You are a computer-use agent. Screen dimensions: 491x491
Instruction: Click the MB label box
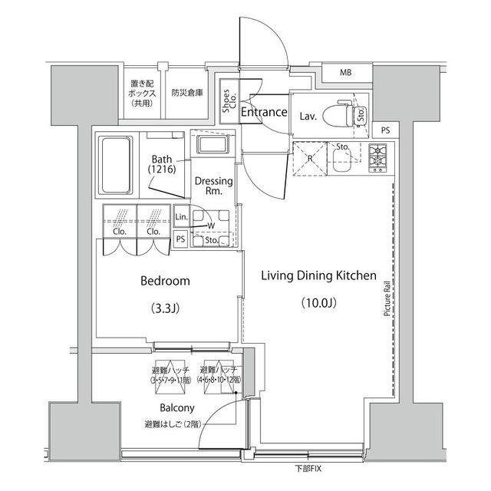click(346, 73)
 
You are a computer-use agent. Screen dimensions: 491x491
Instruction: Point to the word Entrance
click(264, 113)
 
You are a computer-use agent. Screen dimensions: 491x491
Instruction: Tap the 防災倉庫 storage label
click(187, 93)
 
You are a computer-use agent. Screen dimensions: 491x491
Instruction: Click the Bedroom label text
click(165, 282)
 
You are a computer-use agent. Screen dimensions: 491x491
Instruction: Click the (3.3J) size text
click(165, 309)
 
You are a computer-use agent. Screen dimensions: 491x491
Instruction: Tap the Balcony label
click(177, 407)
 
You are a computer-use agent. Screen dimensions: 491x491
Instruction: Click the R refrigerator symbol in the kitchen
click(309, 160)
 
